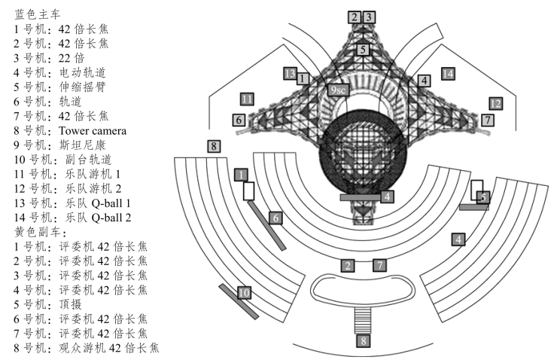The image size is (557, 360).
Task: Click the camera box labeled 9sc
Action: tap(338, 90)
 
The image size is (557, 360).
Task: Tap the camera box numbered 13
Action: tap(290, 74)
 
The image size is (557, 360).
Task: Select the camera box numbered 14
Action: tap(448, 74)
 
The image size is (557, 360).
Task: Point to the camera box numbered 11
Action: tap(247, 99)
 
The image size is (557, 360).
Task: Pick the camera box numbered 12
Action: tap(495, 104)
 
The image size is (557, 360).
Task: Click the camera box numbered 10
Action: tap(244, 293)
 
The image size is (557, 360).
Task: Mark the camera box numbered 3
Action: tap(369, 17)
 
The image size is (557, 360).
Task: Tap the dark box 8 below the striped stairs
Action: tap(363, 340)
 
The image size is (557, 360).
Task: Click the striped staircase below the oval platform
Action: tap(363, 320)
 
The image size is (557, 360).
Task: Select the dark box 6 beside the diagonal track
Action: tap(275, 218)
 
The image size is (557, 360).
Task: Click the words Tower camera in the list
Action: tap(93, 131)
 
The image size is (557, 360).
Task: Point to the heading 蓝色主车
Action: tap(38, 14)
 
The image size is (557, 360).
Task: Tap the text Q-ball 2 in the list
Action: tap(111, 218)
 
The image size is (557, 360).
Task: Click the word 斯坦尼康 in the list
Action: tap(82, 145)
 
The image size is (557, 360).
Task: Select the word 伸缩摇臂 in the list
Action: tap(82, 87)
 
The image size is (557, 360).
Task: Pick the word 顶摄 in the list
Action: tap(70, 304)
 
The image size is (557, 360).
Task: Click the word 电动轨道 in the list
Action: tap(82, 72)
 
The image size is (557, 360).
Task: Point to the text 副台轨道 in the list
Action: tap(88, 160)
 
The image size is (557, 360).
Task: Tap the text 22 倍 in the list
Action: tap(72, 58)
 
